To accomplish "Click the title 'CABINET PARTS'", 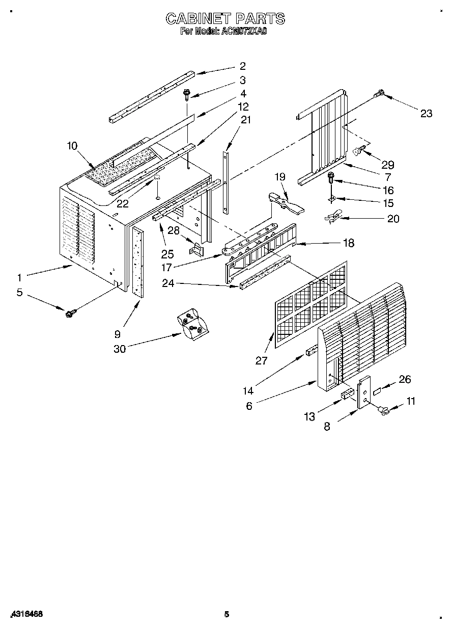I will (225, 19).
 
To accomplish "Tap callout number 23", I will (426, 113).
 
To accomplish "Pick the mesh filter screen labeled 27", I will (310, 304).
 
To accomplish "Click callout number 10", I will (72, 146).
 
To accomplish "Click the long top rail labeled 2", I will (151, 95).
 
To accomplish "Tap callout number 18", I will (348, 243).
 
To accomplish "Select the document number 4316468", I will (26, 614).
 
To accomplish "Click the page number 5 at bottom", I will (227, 614).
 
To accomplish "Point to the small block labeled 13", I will (348, 395).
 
